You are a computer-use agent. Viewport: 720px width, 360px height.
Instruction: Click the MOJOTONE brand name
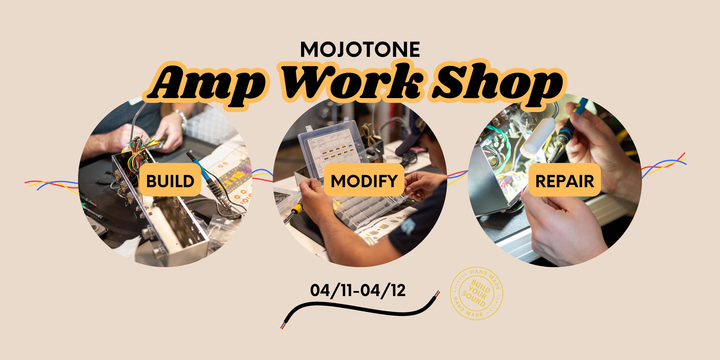360,50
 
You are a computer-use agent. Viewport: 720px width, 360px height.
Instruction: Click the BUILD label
170,180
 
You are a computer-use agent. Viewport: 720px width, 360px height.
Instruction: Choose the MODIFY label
364,180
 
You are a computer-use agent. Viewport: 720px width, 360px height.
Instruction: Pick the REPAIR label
565,180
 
